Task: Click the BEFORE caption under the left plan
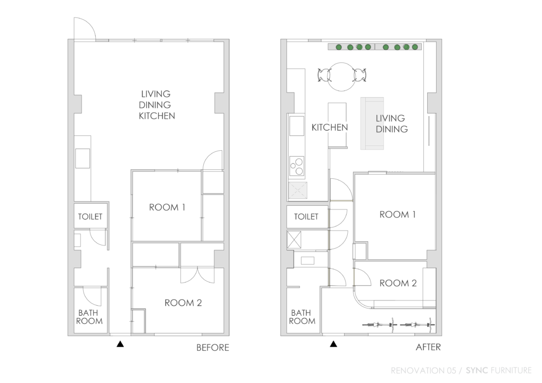pos(213,348)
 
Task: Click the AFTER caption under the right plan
pos(427,348)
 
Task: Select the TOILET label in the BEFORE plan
pos(90,216)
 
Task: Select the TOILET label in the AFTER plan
pos(306,216)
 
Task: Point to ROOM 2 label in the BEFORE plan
pos(183,303)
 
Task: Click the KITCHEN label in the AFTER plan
pos(329,127)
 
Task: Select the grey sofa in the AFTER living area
pos(372,123)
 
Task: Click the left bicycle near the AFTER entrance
pos(378,326)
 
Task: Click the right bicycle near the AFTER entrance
pos(418,326)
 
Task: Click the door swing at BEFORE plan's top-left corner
pos(83,29)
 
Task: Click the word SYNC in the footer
pos(475,370)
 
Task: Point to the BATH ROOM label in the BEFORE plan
pos(89,317)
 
